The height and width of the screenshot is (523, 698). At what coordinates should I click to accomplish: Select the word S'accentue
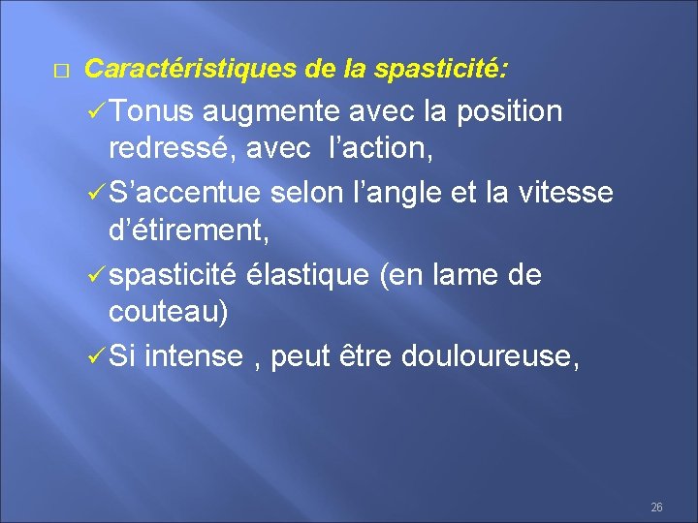[x=184, y=194]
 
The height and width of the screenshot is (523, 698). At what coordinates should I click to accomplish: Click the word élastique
[x=305, y=276]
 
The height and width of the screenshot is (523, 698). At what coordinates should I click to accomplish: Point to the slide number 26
[x=656, y=508]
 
